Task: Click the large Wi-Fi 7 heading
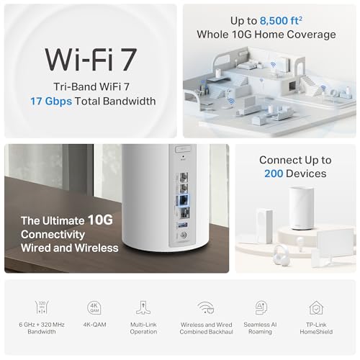pyautogui.click(x=91, y=59)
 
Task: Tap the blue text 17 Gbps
pyautogui.click(x=51, y=102)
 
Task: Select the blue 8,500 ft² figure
pyautogui.click(x=281, y=21)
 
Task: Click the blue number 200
pyautogui.click(x=274, y=174)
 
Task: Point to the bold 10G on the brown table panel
pyautogui.click(x=100, y=220)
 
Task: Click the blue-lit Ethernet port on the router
pyautogui.click(x=184, y=199)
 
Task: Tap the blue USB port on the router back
pyautogui.click(x=183, y=225)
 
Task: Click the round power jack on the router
pyautogui.click(x=184, y=235)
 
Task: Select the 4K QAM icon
pyautogui.click(x=94, y=307)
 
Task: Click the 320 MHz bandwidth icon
pyautogui.click(x=42, y=307)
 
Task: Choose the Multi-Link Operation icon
pyautogui.click(x=143, y=307)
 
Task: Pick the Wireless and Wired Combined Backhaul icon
pyautogui.click(x=206, y=307)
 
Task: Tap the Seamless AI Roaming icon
pyautogui.click(x=261, y=307)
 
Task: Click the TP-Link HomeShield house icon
pyautogui.click(x=316, y=308)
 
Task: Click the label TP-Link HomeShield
pyautogui.click(x=316, y=328)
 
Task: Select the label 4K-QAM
pyautogui.click(x=94, y=325)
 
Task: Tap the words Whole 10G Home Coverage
pyautogui.click(x=266, y=35)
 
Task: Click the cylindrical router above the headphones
pyautogui.click(x=302, y=208)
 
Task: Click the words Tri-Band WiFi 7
pyautogui.click(x=91, y=86)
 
